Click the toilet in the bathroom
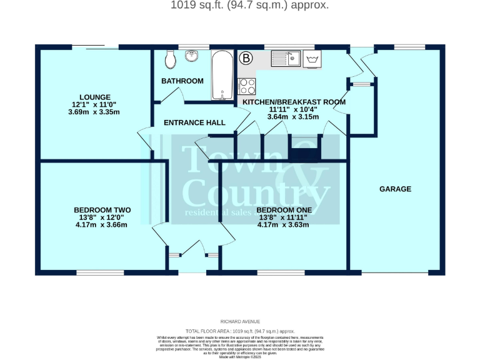pyautogui.click(x=169, y=60)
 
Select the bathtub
pyautogui.click(x=222, y=76)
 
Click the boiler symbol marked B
pyautogui.click(x=247, y=59)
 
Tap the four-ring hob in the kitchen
pyautogui.click(x=247, y=86)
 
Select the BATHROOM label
pyautogui.click(x=182, y=81)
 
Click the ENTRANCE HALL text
pyautogui.click(x=194, y=122)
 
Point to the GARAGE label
pyautogui.click(x=396, y=189)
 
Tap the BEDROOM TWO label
pyautogui.click(x=101, y=210)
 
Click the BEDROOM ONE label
pyautogui.click(x=284, y=210)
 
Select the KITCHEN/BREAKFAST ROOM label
pyautogui.click(x=294, y=101)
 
